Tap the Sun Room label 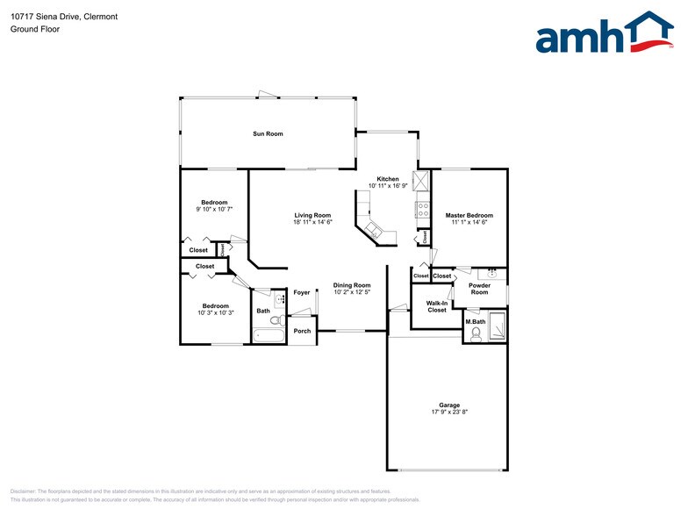268,133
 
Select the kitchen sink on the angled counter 374,231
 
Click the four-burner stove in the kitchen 422,210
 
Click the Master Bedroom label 469,215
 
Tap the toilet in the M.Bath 476,333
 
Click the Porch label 302,331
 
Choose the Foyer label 302,292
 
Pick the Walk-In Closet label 437,306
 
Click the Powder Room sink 492,274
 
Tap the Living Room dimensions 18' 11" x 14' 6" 312,222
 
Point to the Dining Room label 351,285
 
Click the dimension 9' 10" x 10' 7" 214,209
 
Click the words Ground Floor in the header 32,29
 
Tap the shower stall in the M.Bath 498,325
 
